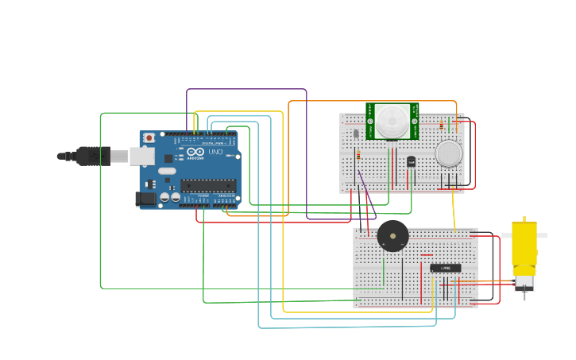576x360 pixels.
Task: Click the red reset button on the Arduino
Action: click(x=148, y=137)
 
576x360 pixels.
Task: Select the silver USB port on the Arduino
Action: click(x=141, y=156)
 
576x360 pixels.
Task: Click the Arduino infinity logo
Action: click(x=195, y=152)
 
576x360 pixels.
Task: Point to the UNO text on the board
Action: click(x=215, y=152)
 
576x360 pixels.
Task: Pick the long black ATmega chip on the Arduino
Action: click(x=208, y=186)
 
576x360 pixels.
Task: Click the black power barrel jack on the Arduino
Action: click(x=145, y=199)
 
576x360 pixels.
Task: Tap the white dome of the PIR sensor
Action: click(x=392, y=120)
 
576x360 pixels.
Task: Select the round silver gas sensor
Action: click(x=449, y=153)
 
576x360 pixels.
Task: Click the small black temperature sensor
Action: click(x=411, y=161)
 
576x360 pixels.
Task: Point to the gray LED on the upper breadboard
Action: click(x=356, y=134)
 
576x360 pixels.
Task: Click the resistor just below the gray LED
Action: click(x=358, y=155)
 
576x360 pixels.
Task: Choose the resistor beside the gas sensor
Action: click(x=441, y=125)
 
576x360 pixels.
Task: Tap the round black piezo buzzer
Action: click(x=392, y=236)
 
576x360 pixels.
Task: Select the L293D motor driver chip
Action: click(x=445, y=268)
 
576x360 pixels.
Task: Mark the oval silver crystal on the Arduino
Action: click(x=167, y=170)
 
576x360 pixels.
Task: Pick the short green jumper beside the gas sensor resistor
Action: click(x=449, y=125)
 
